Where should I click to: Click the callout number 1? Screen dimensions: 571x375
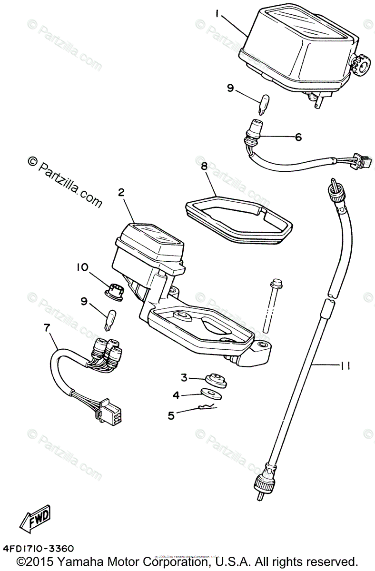pos(217,15)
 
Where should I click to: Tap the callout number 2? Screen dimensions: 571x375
pos(122,193)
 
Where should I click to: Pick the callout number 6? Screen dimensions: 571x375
pos(298,137)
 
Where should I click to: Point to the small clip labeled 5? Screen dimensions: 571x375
pos(206,407)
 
